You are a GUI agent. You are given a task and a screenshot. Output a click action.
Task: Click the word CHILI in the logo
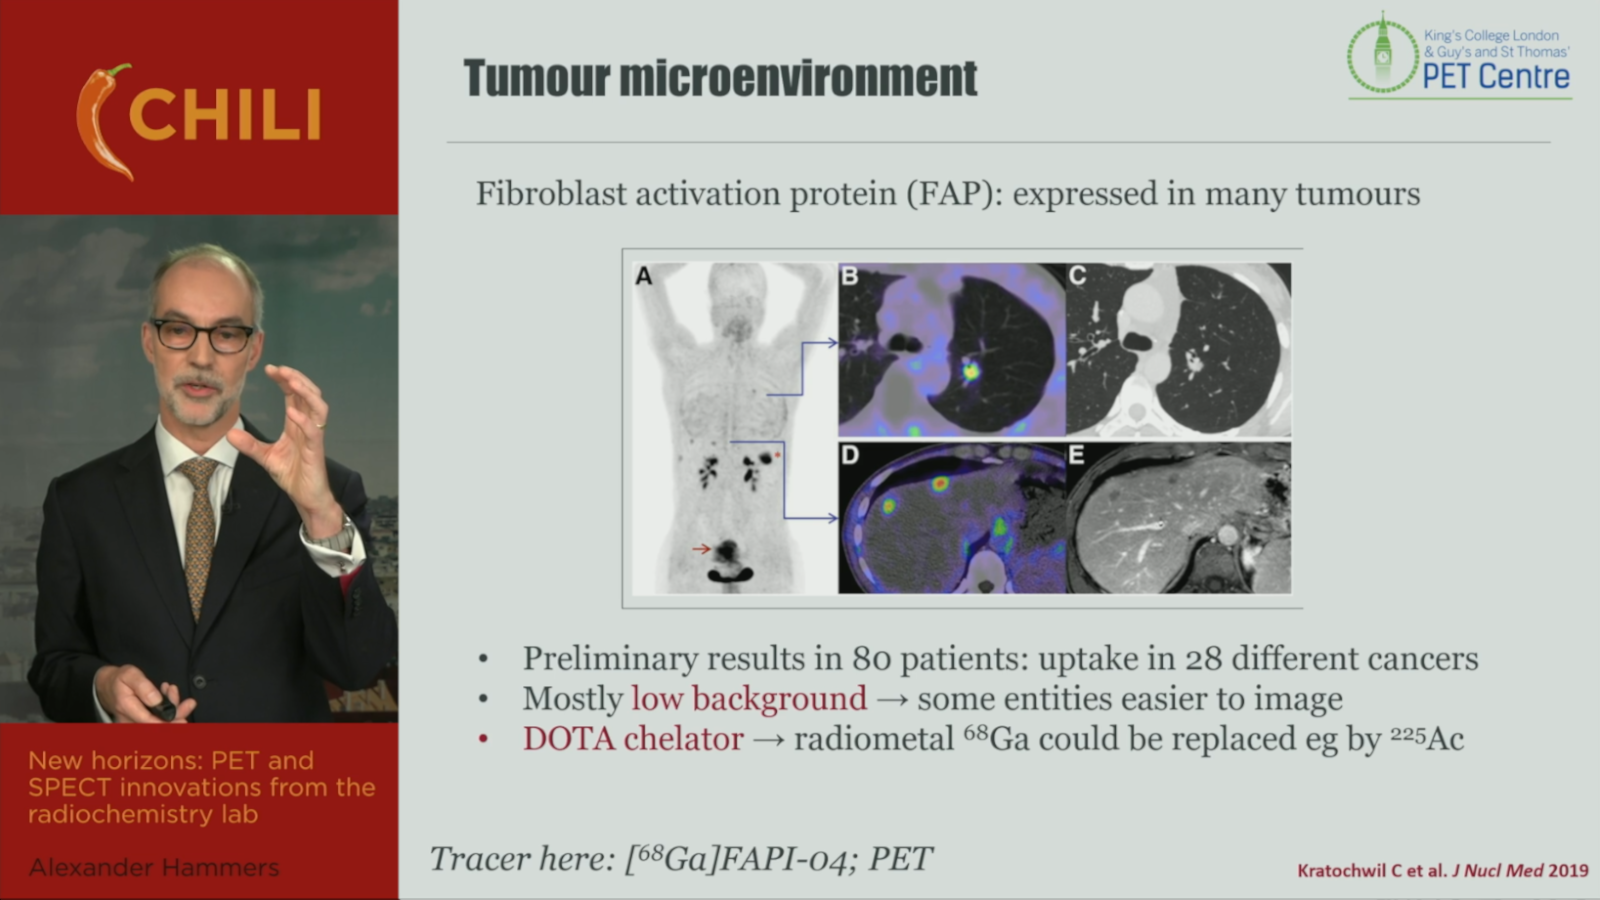coord(225,115)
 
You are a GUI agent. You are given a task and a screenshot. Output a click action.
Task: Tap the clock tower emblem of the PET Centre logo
coord(1383,56)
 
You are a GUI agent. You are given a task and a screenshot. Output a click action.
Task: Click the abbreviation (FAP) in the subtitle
coord(950,194)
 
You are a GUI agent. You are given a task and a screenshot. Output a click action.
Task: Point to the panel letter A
coord(644,276)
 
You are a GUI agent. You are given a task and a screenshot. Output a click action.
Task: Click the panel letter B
coord(849,276)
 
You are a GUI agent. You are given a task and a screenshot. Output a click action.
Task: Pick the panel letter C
coord(1078,276)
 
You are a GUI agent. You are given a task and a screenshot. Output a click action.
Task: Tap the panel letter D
coord(850,456)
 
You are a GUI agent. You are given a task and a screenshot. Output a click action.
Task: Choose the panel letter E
coord(1076,456)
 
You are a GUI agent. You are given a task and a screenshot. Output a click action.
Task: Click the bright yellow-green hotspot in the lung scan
coord(969,371)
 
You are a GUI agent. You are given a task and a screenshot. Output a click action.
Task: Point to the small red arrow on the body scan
coord(701,549)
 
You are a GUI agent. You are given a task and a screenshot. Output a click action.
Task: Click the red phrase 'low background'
coord(749,699)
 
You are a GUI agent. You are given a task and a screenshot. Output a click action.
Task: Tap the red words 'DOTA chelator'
coord(633,739)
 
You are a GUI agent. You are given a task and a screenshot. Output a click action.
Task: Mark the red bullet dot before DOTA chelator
coord(484,740)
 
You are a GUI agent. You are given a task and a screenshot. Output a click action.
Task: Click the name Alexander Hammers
coord(154,867)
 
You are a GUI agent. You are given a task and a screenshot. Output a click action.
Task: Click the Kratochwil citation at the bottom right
coord(1443,871)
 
